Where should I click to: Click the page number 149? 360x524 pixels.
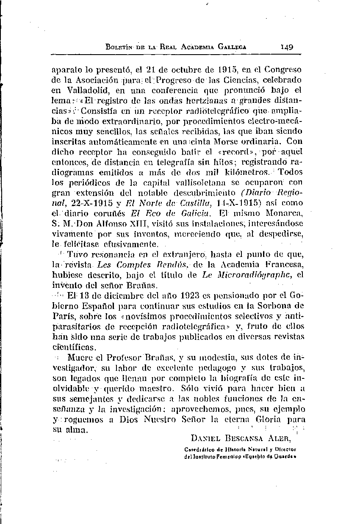click(286, 47)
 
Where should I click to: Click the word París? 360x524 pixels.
click(61, 315)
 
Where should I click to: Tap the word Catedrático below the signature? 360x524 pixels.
click(201, 449)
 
